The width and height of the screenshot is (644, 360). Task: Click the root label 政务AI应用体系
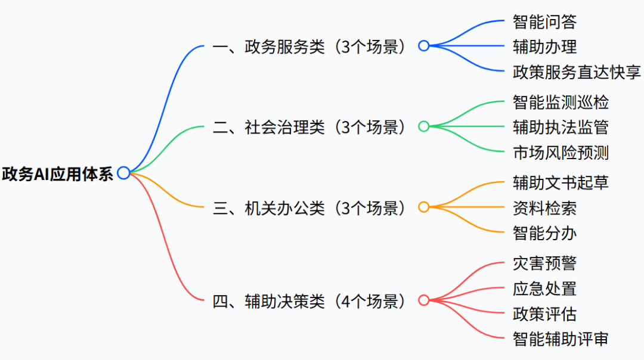(58, 173)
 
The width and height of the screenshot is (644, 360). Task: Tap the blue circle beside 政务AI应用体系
(123, 173)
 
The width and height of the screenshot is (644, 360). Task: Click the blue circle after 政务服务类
(423, 46)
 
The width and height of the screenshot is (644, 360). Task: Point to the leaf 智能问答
(544, 22)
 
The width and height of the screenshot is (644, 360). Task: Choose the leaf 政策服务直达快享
(577, 72)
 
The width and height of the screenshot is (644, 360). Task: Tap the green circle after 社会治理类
(423, 126)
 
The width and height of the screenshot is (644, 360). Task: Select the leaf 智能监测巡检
(561, 102)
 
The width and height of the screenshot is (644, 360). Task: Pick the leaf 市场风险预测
(561, 153)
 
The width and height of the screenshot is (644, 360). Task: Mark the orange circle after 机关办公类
(423, 207)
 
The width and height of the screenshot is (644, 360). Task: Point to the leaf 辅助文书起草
(561, 182)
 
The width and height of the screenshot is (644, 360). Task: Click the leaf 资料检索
(544, 208)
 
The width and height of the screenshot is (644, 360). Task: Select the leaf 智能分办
(544, 233)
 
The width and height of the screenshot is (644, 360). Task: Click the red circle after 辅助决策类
(423, 300)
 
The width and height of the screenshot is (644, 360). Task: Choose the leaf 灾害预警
(544, 263)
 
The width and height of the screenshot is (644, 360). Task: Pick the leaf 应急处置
(544, 288)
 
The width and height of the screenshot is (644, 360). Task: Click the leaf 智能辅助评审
(561, 339)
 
